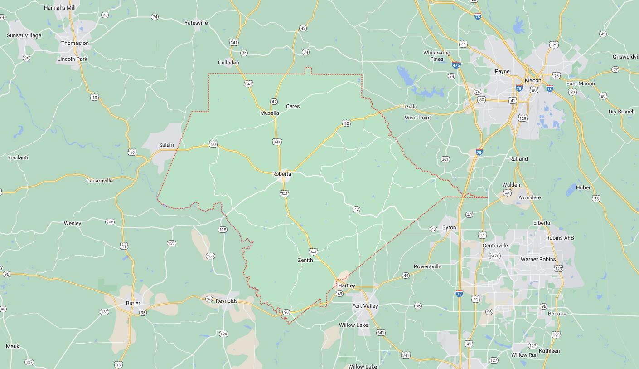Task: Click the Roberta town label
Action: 281,174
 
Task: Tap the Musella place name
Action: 269,113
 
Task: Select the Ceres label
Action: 293,106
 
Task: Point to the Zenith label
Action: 305,260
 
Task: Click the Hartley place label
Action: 347,285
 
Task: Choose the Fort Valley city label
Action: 365,306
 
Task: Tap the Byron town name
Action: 449,227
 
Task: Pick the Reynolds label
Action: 227,301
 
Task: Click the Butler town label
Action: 133,303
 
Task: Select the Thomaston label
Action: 75,43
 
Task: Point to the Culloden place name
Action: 228,63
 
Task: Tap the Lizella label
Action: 409,107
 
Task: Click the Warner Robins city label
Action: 538,259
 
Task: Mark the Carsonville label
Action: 99,181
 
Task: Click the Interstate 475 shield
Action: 456,65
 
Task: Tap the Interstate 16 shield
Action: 550,89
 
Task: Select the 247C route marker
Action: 494,256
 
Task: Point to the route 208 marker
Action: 110,222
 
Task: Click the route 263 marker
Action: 210,256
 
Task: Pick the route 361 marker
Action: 445,159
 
